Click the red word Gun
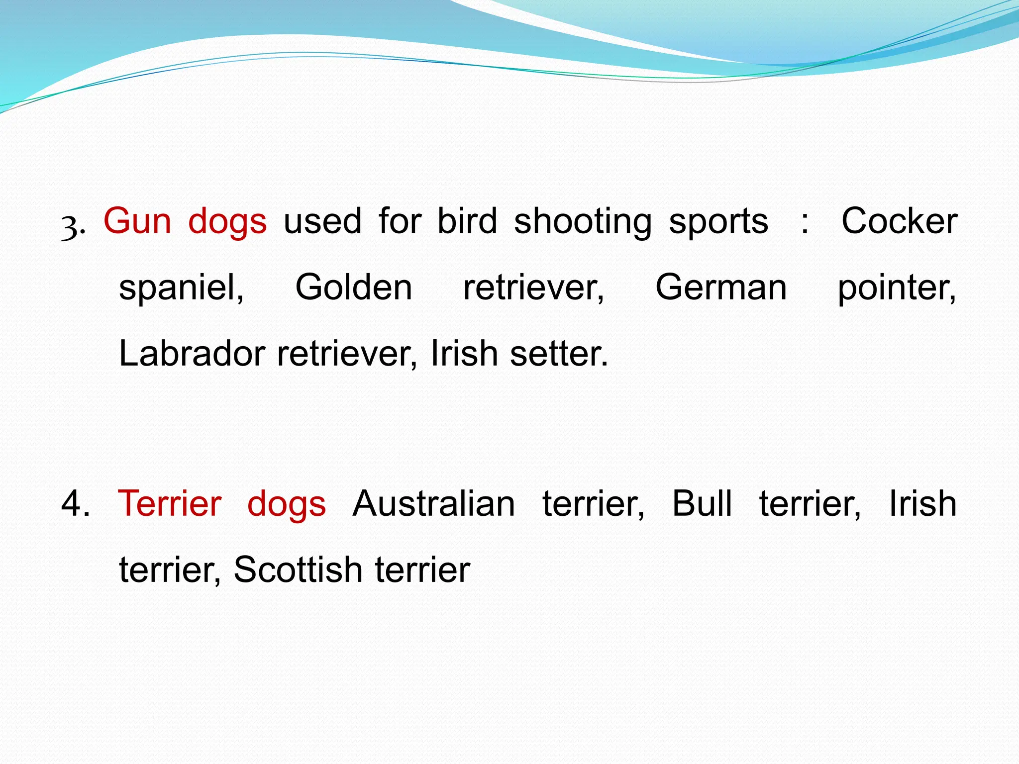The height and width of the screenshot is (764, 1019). (x=137, y=221)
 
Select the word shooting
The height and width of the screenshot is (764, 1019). (x=583, y=222)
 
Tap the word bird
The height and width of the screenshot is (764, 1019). (x=467, y=221)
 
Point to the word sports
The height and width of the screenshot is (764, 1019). (x=718, y=222)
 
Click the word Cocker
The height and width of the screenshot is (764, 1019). (x=899, y=221)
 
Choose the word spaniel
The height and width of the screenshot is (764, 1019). (x=181, y=288)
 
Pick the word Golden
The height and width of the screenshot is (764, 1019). (x=354, y=287)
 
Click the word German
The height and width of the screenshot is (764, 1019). (x=721, y=287)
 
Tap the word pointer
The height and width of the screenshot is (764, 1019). (x=897, y=288)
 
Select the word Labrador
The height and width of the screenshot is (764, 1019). (x=192, y=354)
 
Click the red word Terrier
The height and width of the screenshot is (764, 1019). (x=170, y=504)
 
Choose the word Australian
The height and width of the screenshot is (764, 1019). (x=434, y=504)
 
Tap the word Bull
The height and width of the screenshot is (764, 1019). (x=702, y=504)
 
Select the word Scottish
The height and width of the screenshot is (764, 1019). (x=298, y=570)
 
